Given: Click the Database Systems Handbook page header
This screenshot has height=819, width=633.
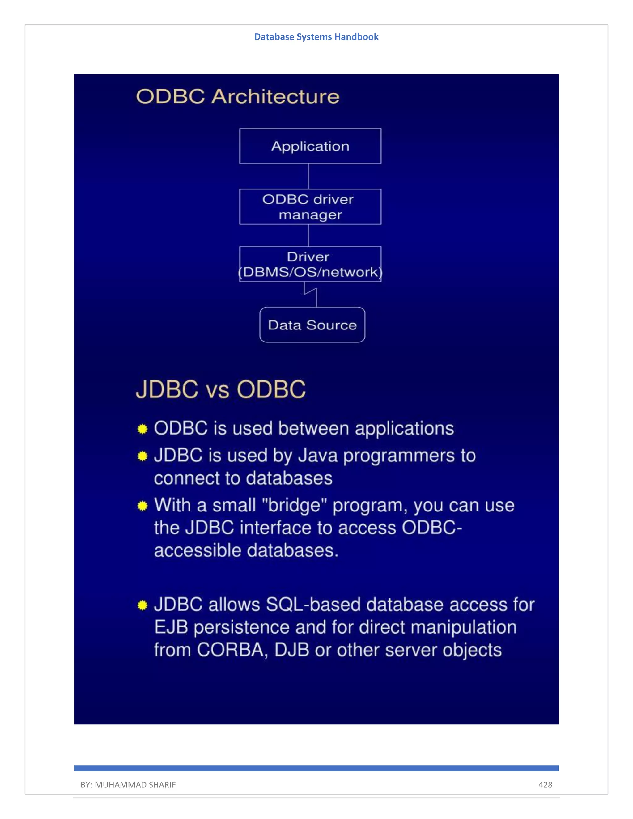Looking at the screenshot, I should coord(316,37).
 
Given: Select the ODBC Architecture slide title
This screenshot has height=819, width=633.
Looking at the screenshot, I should coord(238,96).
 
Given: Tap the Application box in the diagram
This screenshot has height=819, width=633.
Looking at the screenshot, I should coord(310,146).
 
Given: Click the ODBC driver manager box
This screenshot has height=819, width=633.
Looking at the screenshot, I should coord(310,207).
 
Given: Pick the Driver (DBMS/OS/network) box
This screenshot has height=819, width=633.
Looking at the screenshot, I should coord(310,264).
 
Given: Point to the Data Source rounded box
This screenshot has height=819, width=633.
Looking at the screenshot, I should coord(312,325).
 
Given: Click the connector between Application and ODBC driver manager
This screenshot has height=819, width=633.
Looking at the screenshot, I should coord(308,176).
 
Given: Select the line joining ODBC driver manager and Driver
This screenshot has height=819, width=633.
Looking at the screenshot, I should coord(308,235).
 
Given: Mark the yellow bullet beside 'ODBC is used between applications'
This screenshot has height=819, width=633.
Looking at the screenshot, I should coord(142,429).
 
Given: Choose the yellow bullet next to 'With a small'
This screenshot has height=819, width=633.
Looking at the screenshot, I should coord(142,506).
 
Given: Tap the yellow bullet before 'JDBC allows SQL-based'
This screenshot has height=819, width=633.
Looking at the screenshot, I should coord(142,605).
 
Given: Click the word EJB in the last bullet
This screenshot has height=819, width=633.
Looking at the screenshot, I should coord(171,627).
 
